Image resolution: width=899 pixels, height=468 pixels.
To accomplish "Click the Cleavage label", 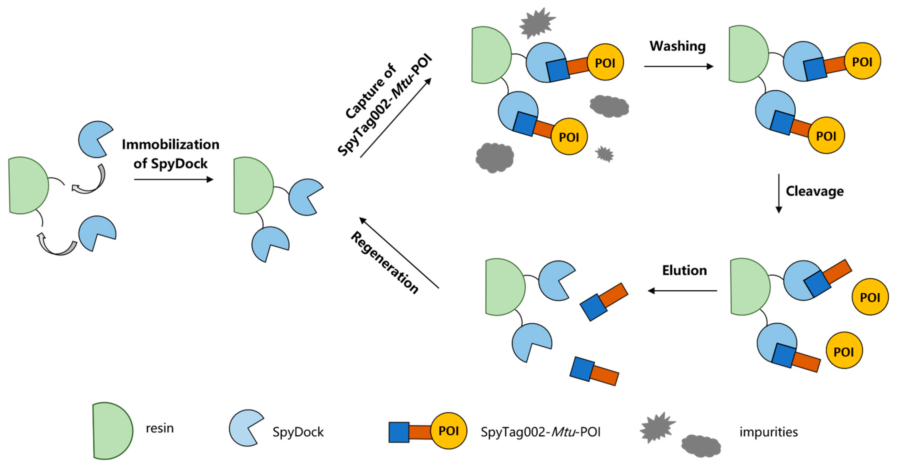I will click(815, 191).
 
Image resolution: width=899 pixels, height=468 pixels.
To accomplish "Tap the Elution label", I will click(684, 271).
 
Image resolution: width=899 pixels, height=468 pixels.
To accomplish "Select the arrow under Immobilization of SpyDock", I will click(173, 179).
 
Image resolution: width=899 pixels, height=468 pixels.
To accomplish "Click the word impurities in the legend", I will click(768, 432).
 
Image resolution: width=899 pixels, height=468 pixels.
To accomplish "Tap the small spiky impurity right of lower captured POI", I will click(604, 154).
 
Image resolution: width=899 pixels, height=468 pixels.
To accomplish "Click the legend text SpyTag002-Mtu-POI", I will click(540, 432).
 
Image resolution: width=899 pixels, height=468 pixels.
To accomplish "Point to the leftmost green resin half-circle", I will click(27, 185).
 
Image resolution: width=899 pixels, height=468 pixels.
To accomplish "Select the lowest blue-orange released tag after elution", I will click(594, 371).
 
